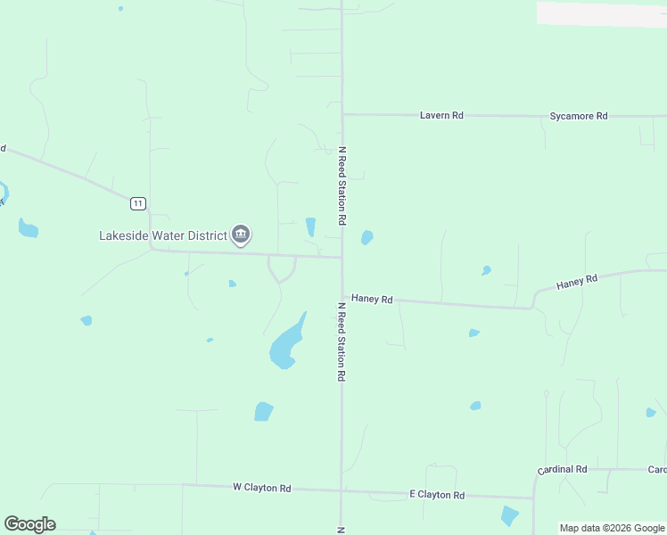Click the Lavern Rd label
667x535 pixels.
click(x=442, y=116)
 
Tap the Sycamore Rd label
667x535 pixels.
click(x=578, y=116)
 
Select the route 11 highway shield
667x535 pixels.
click(x=137, y=203)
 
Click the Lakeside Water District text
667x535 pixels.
click(x=162, y=235)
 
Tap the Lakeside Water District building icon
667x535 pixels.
click(x=241, y=235)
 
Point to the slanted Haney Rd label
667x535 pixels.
click(x=576, y=283)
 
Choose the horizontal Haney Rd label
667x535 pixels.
click(x=372, y=300)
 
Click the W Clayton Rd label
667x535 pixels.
click(x=262, y=488)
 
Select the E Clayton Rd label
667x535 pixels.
click(x=437, y=495)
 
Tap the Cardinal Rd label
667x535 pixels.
click(x=562, y=469)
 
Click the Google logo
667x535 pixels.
click(x=29, y=524)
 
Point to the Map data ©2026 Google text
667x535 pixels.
click(x=611, y=528)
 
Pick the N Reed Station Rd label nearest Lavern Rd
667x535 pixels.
click(x=341, y=185)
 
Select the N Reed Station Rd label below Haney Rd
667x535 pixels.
click(x=340, y=342)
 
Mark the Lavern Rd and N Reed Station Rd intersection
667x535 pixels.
click(x=342, y=114)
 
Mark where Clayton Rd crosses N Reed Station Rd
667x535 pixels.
click(x=341, y=490)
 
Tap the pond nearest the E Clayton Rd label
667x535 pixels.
click(x=509, y=516)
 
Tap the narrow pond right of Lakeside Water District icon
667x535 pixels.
click(x=310, y=226)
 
